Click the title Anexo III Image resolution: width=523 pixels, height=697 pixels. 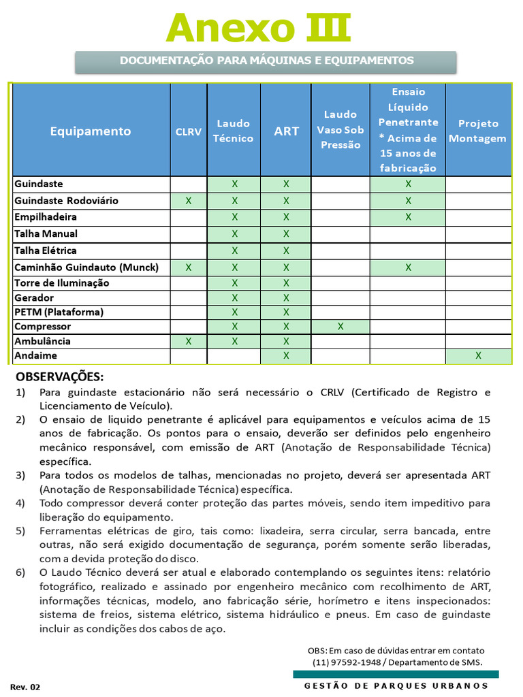[259, 28]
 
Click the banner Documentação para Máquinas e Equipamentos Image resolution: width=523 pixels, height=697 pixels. [266, 61]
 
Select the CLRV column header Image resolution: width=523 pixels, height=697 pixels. [189, 131]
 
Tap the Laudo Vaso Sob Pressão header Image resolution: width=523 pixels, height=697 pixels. [340, 129]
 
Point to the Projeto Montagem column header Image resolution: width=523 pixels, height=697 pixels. [478, 131]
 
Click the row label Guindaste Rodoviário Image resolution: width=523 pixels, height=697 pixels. [66, 201]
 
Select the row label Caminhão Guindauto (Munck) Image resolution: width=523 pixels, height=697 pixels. [86, 268]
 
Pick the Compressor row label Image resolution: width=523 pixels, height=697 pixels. [42, 327]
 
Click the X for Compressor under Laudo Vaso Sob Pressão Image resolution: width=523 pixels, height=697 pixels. [340, 327]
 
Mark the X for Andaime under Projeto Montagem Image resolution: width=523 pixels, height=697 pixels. [478, 355]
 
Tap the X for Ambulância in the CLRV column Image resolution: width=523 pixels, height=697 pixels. [189, 341]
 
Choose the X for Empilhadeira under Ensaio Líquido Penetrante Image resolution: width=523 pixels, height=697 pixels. [408, 217]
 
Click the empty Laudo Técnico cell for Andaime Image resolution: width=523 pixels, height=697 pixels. [234, 355]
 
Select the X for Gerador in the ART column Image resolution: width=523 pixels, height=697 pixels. [286, 297]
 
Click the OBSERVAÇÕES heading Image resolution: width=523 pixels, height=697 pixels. [60, 376]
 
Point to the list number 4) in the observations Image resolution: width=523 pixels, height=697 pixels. [20, 503]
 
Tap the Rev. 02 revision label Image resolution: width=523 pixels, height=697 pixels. [25, 687]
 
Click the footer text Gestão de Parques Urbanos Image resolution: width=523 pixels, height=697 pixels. [396, 685]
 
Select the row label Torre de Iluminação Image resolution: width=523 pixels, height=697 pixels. [61, 283]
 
